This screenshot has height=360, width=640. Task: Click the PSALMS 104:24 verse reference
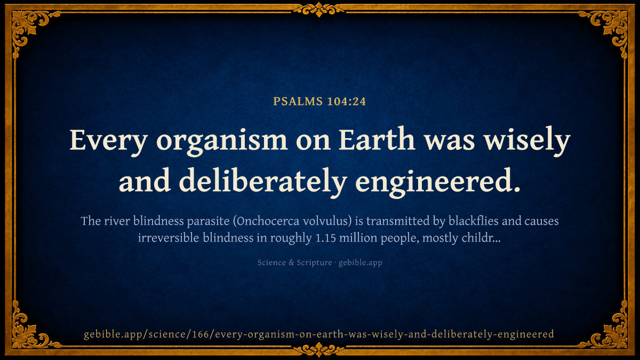[319, 101]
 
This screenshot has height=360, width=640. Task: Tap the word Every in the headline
[109, 141]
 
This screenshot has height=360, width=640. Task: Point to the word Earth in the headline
[377, 139]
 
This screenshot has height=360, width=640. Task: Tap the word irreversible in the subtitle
[169, 238]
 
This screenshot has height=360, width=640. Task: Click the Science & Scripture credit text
[294, 262]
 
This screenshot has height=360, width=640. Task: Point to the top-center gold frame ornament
[319, 10]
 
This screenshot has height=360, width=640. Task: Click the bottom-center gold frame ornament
[319, 349]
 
